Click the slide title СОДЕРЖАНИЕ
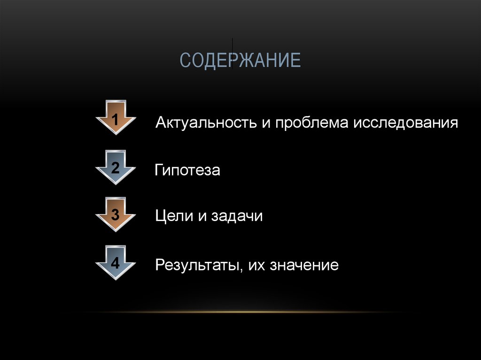pos(240,60)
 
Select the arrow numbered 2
pos(116,167)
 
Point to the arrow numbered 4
pos(116,263)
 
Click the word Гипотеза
pos(187,170)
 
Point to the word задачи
pos(236,216)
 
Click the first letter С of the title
pos(185,61)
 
